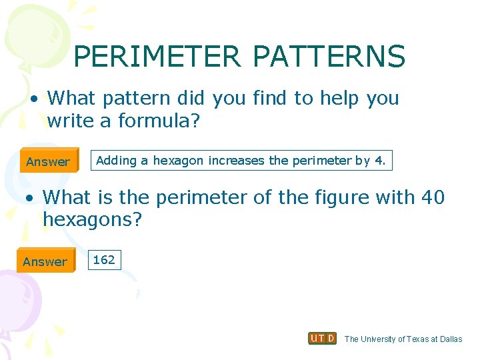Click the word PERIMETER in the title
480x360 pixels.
tap(157, 57)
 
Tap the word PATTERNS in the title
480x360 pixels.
tap(329, 57)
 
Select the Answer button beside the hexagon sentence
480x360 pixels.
tap(48, 161)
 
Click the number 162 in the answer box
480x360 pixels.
tap(104, 259)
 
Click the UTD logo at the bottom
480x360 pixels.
tap(322, 338)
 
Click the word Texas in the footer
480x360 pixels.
tap(417, 339)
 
